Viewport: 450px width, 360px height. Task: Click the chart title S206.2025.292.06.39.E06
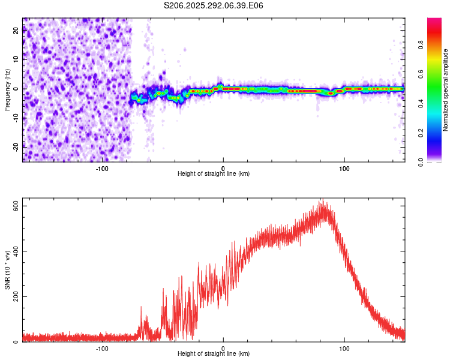[x=214, y=5]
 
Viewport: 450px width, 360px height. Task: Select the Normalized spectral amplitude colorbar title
[x=446, y=90]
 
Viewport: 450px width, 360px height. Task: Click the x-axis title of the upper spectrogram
[x=214, y=173]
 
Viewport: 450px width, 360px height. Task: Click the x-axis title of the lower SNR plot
[x=214, y=353]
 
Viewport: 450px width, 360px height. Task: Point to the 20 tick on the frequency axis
[x=16, y=31]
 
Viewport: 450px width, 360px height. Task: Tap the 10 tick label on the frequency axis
[x=16, y=60]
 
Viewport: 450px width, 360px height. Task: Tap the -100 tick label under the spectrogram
[x=102, y=168]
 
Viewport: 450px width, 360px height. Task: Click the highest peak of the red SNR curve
[x=322, y=200]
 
